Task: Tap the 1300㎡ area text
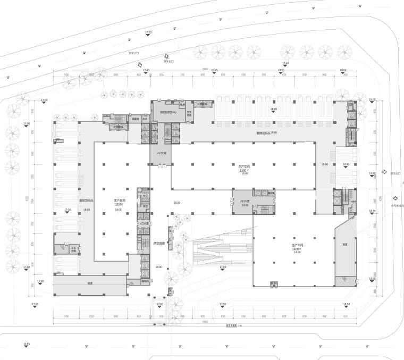(244, 170)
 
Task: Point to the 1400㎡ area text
(296, 248)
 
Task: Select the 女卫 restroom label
(144, 196)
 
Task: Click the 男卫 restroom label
(144, 206)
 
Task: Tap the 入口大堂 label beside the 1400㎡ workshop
(245, 202)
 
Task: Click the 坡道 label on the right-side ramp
(344, 244)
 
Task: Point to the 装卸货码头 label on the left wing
(87, 200)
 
